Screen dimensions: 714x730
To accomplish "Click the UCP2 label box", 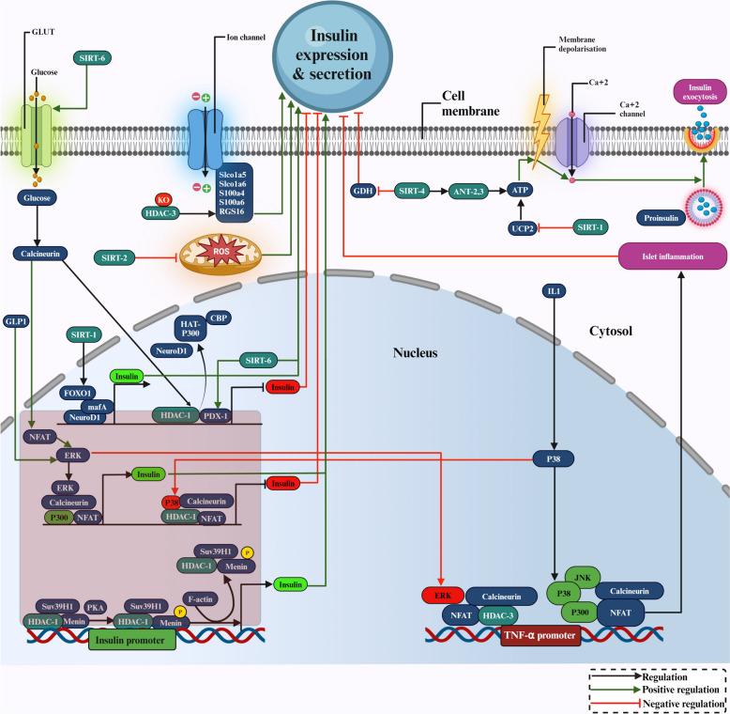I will click(520, 228).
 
